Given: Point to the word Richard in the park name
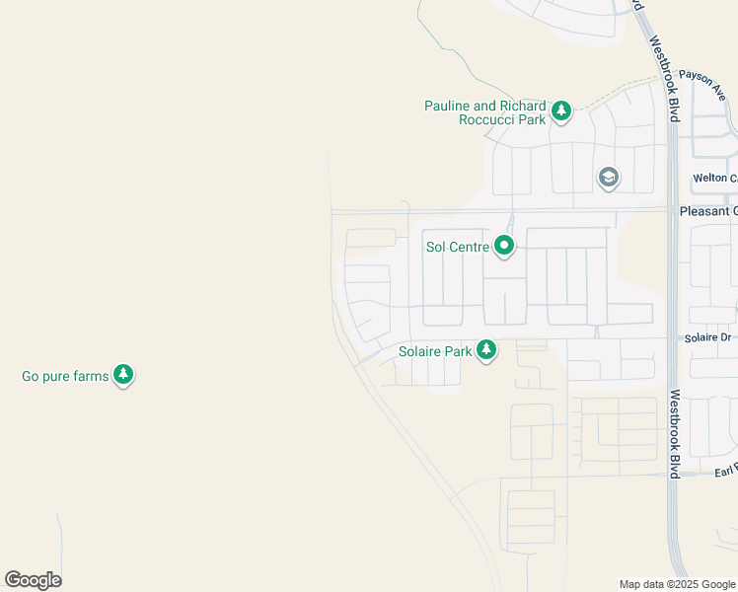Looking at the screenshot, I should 523,106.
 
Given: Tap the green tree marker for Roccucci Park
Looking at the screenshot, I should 561,111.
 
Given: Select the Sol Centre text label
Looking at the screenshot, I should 457,247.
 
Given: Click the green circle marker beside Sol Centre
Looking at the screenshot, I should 504,246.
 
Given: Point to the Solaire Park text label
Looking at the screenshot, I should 434,351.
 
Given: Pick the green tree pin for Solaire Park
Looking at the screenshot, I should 485,349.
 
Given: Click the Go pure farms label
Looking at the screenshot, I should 65,376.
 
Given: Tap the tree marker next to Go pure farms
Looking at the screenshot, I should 123,374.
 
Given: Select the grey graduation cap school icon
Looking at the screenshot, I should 609,178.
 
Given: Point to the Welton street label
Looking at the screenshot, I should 714,179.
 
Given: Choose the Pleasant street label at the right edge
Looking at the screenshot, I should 707,211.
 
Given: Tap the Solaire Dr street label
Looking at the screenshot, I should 708,337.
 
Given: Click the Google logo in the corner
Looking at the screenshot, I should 33,580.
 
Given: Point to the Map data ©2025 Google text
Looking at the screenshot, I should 677,584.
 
